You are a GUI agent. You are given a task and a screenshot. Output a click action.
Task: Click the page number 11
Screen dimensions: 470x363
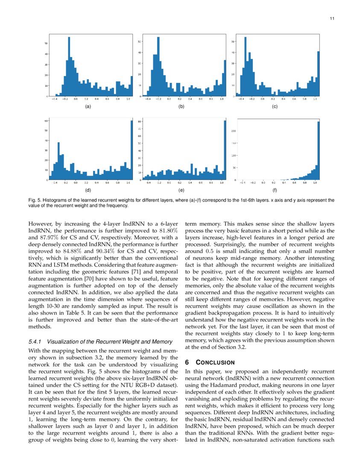332,18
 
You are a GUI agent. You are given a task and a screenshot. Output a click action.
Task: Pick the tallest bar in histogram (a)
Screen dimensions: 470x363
69,66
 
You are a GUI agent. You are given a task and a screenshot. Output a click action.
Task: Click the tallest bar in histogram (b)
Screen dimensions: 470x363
158,66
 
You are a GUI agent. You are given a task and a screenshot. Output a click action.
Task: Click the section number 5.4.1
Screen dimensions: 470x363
35,341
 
